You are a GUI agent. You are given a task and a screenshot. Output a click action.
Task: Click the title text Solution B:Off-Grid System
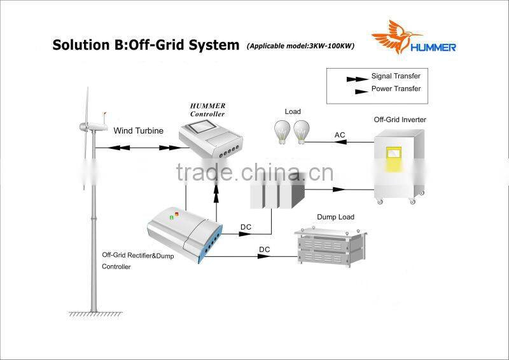point(146,45)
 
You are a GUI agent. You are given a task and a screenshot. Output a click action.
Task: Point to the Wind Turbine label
point(138,131)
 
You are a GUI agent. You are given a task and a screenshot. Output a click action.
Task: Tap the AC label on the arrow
point(340,135)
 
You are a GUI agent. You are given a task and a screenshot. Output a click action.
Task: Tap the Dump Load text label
point(335,218)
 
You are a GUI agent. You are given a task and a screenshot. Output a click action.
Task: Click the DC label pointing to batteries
point(246,226)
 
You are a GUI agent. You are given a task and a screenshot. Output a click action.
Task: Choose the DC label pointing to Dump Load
point(264,249)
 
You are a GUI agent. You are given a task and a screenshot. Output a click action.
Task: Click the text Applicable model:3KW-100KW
point(301,46)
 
